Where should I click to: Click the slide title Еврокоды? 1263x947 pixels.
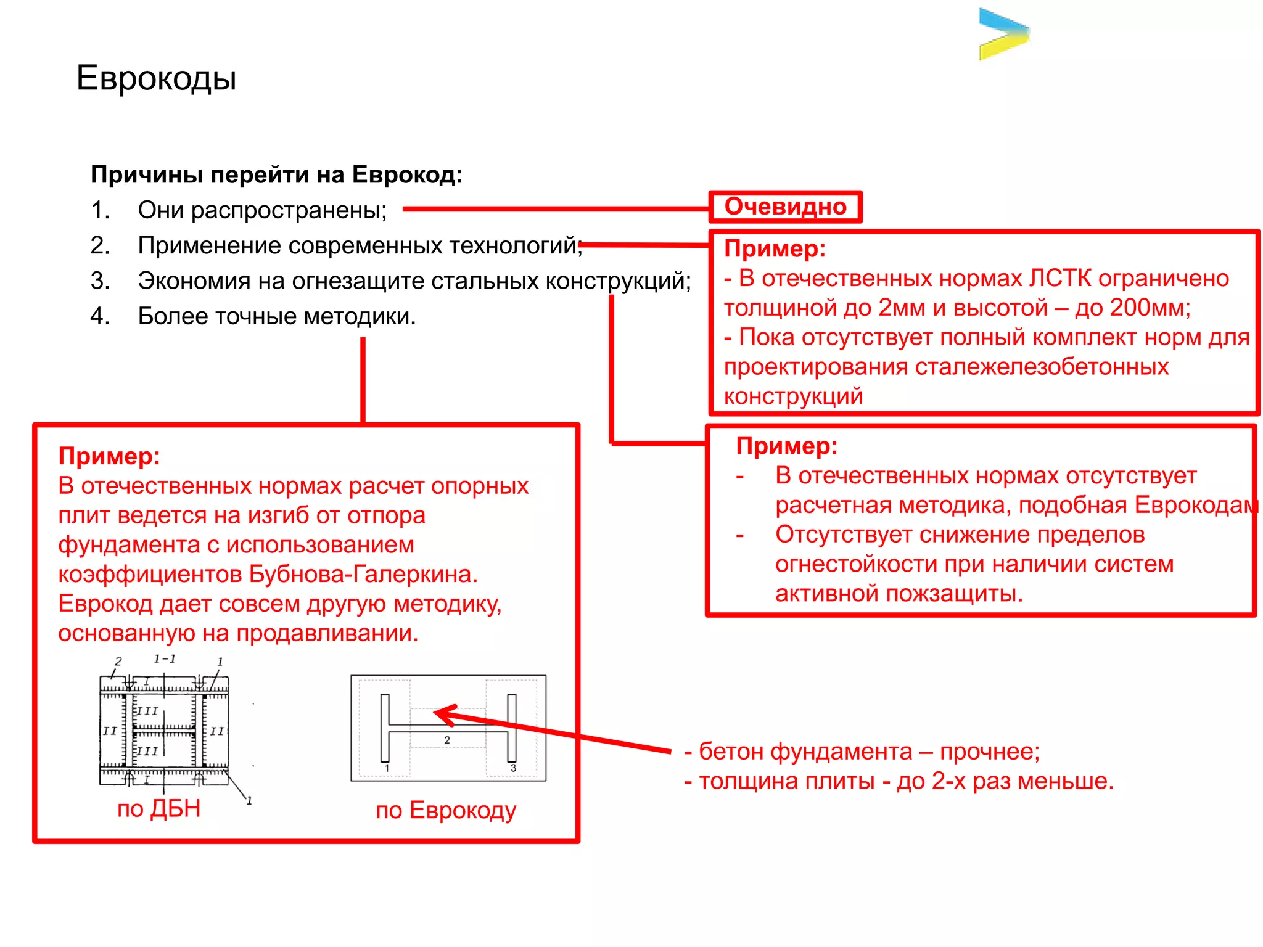coord(156,78)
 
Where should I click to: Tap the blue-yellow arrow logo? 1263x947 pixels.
coord(1003,34)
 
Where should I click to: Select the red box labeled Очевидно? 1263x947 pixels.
coord(785,207)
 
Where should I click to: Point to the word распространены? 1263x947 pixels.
coord(288,211)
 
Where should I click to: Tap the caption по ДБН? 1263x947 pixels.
coord(158,808)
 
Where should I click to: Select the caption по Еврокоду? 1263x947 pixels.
coord(446,810)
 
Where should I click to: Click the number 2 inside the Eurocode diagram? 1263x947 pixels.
coord(447,740)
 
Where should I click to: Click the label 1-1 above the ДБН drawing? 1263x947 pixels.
coord(165,659)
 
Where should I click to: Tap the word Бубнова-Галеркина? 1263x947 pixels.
coord(363,574)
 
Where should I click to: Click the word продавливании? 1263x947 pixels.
coord(327,633)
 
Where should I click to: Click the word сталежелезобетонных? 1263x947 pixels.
coord(1042,367)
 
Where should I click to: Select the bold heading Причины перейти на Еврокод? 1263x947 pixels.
coord(276,175)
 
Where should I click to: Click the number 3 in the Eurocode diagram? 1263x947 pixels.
coord(513,768)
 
